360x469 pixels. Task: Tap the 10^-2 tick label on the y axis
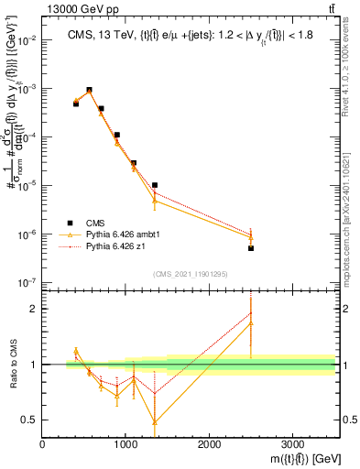27,40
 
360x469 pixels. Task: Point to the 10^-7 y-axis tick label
27,283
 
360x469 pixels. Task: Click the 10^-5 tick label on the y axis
27,186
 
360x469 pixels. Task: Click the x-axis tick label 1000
125,446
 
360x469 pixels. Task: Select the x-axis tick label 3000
292,446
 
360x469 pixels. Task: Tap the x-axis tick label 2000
209,446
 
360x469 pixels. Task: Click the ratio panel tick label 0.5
30,420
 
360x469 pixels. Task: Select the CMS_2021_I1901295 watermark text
190,274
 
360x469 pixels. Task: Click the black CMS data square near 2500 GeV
250,248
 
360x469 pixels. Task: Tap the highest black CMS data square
89,90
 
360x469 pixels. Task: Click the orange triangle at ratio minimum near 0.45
155,422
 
